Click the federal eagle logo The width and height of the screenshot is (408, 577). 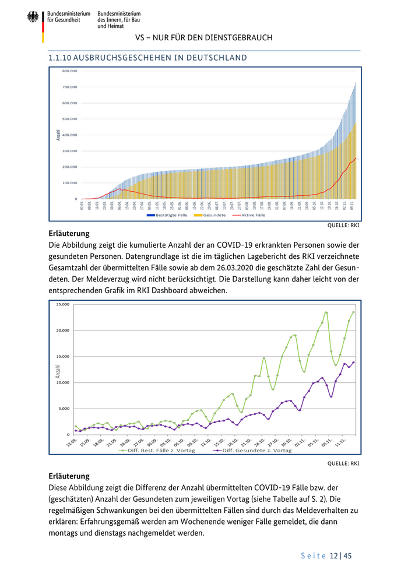pos(33,17)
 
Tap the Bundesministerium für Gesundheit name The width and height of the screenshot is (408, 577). pos(69,16)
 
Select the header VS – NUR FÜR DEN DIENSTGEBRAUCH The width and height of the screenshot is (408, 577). pos(203,38)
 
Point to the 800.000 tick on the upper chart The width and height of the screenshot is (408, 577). pos(69,71)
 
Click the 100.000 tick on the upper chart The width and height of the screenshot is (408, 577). pos(69,182)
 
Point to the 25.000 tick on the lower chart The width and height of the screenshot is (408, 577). pos(62,304)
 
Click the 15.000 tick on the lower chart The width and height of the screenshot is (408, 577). pos(62,356)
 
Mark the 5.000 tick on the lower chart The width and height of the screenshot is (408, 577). pos(64,408)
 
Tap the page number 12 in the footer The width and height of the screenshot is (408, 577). pos(333,556)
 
